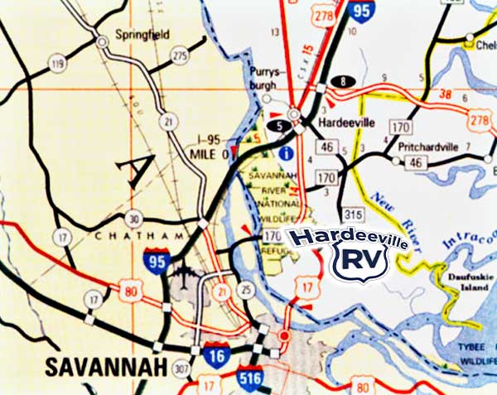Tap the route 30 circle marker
click(133, 219)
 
